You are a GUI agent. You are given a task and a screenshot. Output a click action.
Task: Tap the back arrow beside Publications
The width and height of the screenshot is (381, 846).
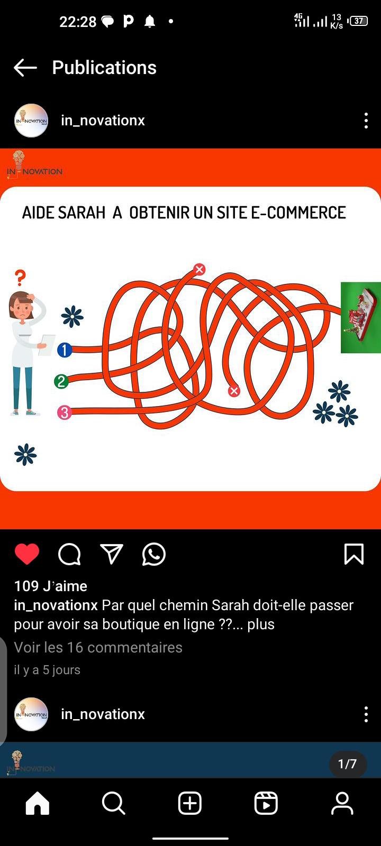pyautogui.click(x=25, y=68)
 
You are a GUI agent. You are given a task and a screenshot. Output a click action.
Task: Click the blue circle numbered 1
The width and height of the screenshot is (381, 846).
pyautogui.click(x=65, y=350)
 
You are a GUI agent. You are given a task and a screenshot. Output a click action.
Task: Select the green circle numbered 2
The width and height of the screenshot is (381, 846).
pyautogui.click(x=61, y=381)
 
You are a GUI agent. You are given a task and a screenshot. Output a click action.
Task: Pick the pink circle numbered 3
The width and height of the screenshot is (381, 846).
pyautogui.click(x=64, y=412)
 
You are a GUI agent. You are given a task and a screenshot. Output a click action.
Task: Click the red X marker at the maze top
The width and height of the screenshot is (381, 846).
pyautogui.click(x=199, y=269)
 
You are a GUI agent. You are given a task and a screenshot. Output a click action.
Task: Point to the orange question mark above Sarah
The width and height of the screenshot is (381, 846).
pyautogui.click(x=21, y=278)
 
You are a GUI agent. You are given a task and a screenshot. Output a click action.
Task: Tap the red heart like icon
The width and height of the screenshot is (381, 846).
pyautogui.click(x=27, y=554)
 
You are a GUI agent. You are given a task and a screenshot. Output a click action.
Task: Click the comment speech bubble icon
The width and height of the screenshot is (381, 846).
pyautogui.click(x=69, y=555)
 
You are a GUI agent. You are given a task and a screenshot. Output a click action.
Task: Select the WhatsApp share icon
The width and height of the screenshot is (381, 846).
pyautogui.click(x=154, y=555)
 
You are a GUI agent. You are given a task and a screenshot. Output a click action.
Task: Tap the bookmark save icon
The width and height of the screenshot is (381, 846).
pyautogui.click(x=354, y=554)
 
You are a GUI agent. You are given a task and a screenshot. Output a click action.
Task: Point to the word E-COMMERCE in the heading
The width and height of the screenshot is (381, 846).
pyautogui.click(x=298, y=213)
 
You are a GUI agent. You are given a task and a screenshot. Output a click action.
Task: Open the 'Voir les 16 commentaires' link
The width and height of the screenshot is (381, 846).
pyautogui.click(x=98, y=647)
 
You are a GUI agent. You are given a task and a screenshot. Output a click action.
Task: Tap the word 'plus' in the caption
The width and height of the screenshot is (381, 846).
pyautogui.click(x=261, y=624)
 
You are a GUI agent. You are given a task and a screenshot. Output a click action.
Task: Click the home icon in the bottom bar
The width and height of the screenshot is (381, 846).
pyautogui.click(x=38, y=803)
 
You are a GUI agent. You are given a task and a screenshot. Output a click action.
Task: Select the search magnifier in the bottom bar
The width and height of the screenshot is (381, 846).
pyautogui.click(x=113, y=803)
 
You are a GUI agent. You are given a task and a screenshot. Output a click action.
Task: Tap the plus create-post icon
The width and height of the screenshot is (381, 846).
pyautogui.click(x=190, y=803)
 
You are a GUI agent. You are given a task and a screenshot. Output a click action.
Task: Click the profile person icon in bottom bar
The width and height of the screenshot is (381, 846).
pyautogui.click(x=342, y=803)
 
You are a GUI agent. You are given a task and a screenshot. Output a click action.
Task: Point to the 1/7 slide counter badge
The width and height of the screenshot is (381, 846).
pyautogui.click(x=347, y=764)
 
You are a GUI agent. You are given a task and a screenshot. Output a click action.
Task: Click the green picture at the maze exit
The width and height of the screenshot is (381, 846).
pyautogui.click(x=360, y=317)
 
